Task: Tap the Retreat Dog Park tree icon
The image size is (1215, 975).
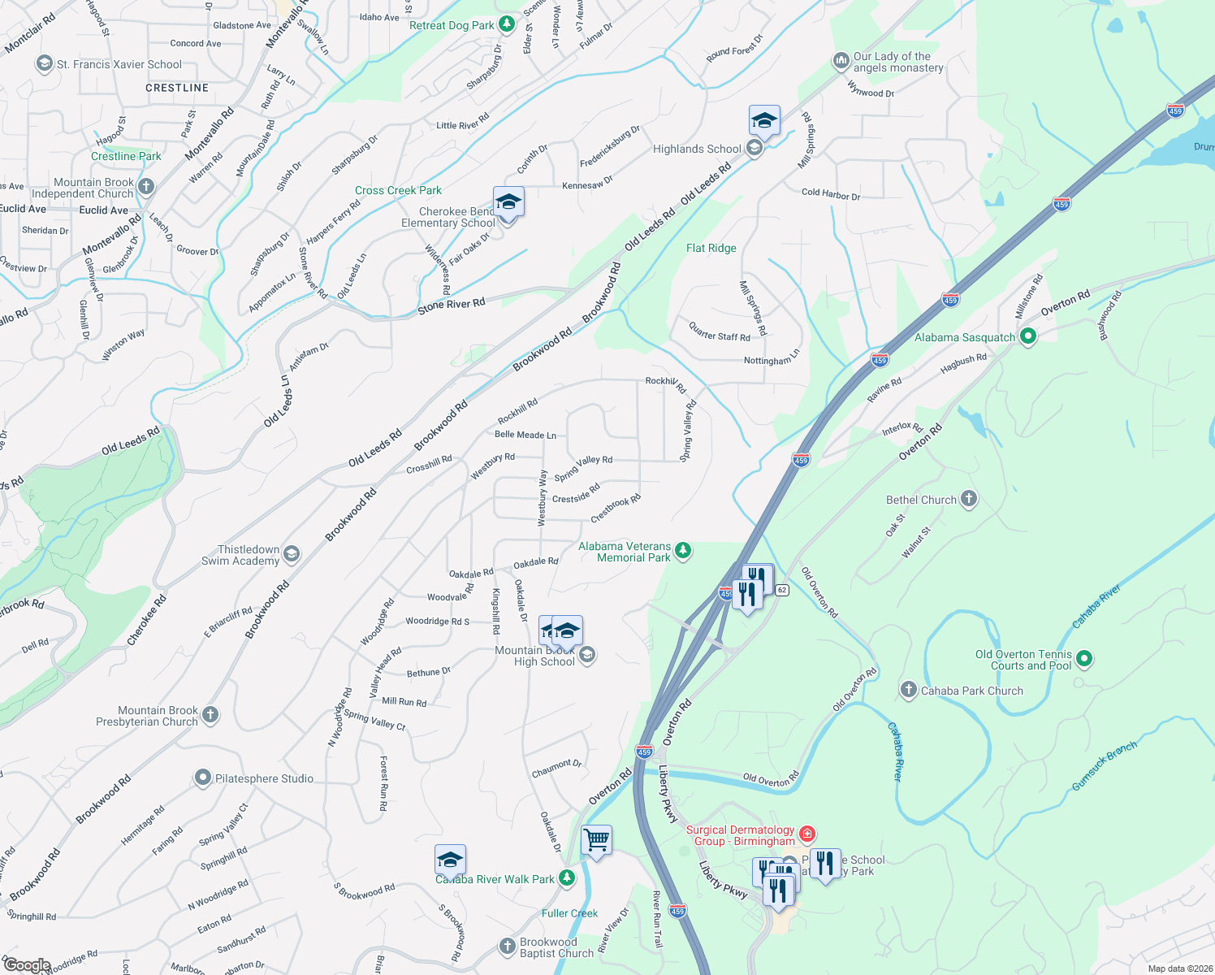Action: pyautogui.click(x=506, y=24)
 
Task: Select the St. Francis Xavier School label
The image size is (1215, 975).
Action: pyautogui.click(x=119, y=64)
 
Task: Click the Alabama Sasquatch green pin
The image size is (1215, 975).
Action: pyautogui.click(x=1027, y=336)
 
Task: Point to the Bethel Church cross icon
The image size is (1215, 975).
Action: pyautogui.click(x=968, y=499)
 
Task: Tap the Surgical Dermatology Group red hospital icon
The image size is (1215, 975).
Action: pyautogui.click(x=806, y=834)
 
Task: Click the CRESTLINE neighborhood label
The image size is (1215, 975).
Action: pyautogui.click(x=177, y=88)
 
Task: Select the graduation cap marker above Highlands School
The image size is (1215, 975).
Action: pyautogui.click(x=764, y=121)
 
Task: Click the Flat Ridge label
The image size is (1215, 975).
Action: pyautogui.click(x=711, y=248)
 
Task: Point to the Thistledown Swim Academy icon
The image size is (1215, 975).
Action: pyautogui.click(x=292, y=554)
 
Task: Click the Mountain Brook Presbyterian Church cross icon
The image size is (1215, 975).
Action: pyautogui.click(x=210, y=715)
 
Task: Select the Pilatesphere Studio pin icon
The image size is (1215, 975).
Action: pyautogui.click(x=203, y=778)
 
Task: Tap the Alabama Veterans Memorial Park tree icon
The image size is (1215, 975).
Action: pyautogui.click(x=683, y=551)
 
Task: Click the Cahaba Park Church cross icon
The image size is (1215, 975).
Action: pyautogui.click(x=909, y=690)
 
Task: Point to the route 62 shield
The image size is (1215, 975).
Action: pyautogui.click(x=781, y=589)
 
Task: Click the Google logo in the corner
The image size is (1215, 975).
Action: pyautogui.click(x=26, y=965)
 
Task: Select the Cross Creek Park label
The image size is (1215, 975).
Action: pyautogui.click(x=398, y=190)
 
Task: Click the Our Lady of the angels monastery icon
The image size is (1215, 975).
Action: pyautogui.click(x=841, y=61)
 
